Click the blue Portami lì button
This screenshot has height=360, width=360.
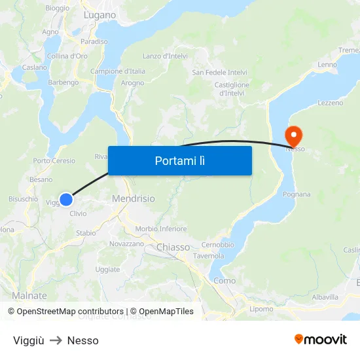(x=180, y=160)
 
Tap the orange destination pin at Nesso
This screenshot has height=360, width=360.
(x=293, y=135)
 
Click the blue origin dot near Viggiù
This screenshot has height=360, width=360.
(x=66, y=200)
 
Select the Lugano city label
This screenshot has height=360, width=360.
(x=99, y=14)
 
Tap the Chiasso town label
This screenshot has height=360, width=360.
(x=173, y=247)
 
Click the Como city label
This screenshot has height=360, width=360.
(x=225, y=280)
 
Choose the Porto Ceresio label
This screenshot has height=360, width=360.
(x=54, y=161)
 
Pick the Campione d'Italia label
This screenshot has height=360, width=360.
(x=118, y=71)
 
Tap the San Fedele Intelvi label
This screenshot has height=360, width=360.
(x=219, y=72)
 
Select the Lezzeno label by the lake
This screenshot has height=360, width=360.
(x=330, y=103)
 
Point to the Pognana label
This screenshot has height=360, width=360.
(x=297, y=194)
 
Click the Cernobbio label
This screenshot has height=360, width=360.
(x=218, y=245)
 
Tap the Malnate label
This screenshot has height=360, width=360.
(x=29, y=295)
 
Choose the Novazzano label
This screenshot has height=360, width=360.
(x=126, y=243)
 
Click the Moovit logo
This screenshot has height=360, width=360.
(x=320, y=339)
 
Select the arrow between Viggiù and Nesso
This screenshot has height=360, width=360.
(x=56, y=340)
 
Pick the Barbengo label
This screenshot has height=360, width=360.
(x=63, y=82)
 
